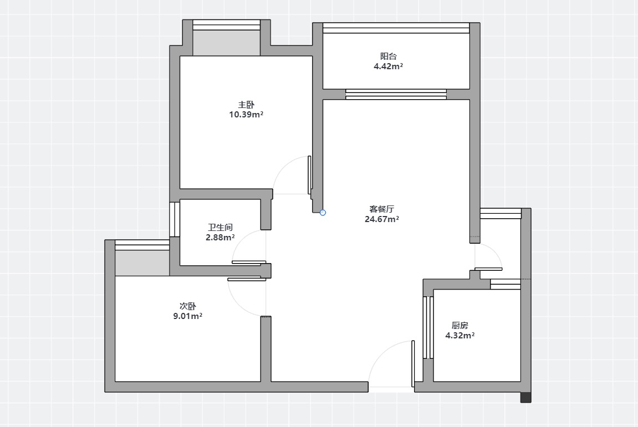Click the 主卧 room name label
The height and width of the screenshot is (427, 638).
tap(246, 105)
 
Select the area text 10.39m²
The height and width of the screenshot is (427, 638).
tap(246, 115)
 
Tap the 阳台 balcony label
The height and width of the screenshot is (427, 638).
tap(388, 56)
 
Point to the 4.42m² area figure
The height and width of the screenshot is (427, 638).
tap(388, 66)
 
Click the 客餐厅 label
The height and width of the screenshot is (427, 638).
tap(382, 209)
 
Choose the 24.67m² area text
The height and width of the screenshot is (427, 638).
tap(382, 219)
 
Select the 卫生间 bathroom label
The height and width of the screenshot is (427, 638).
tap(220, 227)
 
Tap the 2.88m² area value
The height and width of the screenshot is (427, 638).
tap(220, 238)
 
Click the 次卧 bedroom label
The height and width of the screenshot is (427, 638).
tap(187, 306)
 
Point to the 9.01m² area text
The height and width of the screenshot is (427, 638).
tap(187, 316)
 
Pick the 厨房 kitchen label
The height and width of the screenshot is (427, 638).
tap(460, 325)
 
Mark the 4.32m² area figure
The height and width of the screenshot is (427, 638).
tap(460, 336)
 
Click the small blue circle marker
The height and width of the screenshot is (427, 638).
tap(323, 212)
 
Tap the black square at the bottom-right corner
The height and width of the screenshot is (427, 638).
tap(526, 397)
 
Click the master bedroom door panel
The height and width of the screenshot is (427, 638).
tap(310, 175)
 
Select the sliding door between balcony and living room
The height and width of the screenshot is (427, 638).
tap(396, 94)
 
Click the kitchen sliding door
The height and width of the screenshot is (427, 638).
tap(428, 327)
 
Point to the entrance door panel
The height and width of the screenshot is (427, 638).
tap(413, 363)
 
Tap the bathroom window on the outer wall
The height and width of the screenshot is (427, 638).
tap(175, 219)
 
